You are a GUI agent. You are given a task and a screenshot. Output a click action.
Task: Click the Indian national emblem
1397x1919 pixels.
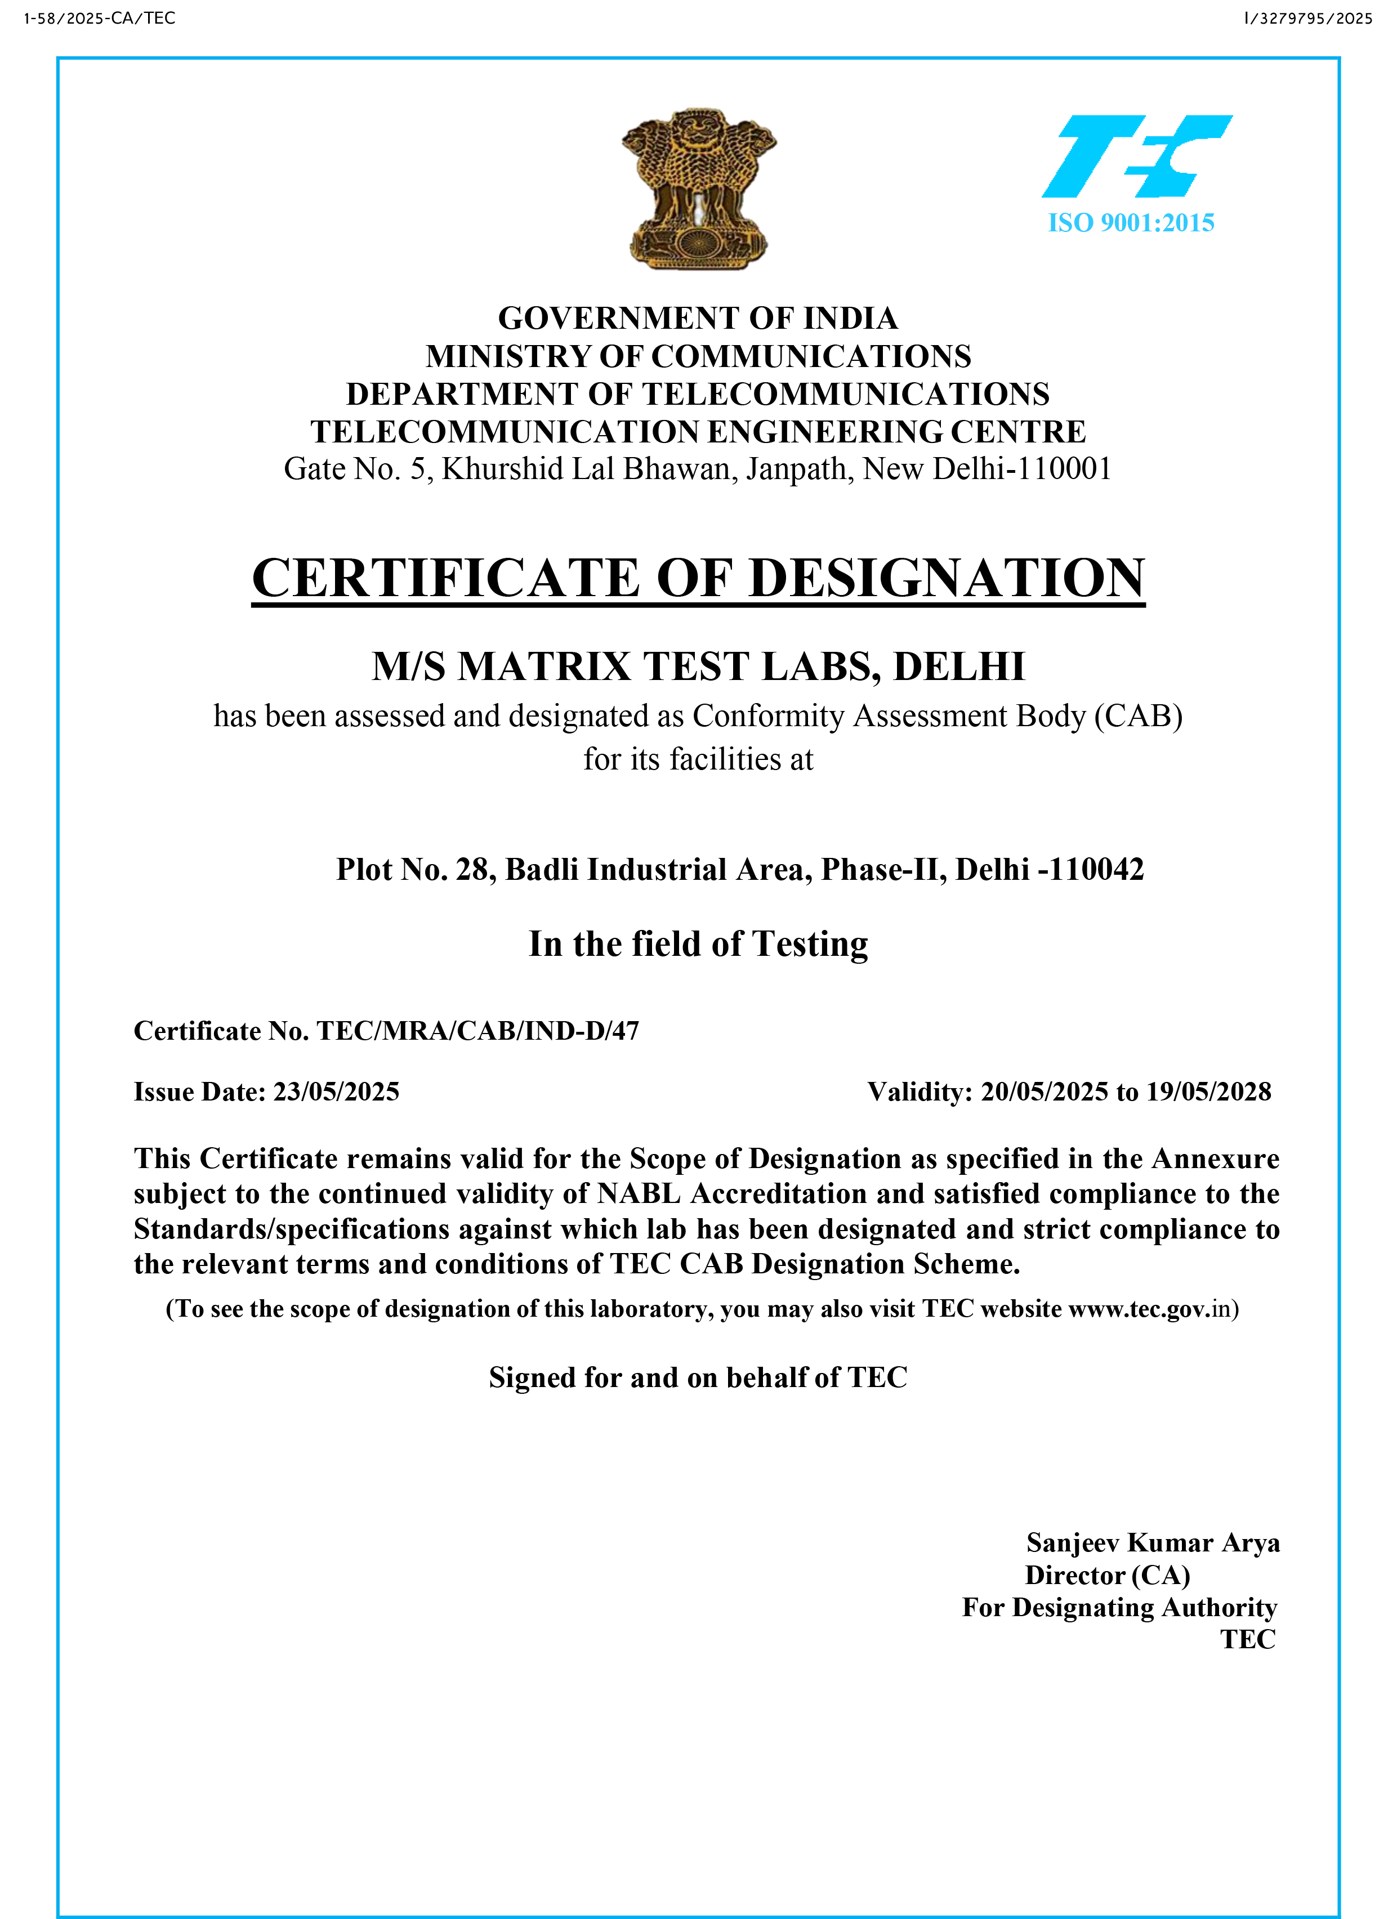click(698, 189)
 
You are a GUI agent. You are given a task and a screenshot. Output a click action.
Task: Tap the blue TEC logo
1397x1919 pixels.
click(1136, 156)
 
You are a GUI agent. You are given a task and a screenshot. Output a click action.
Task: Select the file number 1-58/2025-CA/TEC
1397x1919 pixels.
click(100, 19)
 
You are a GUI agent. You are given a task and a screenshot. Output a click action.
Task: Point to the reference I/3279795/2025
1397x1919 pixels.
click(1308, 19)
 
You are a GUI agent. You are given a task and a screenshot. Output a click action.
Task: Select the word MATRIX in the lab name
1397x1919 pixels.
click(544, 666)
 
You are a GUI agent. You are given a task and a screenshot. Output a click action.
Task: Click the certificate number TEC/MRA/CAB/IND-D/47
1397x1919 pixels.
click(477, 1031)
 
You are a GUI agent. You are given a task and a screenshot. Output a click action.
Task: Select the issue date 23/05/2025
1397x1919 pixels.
click(336, 1092)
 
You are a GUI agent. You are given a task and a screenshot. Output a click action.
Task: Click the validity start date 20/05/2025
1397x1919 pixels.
click(1044, 1092)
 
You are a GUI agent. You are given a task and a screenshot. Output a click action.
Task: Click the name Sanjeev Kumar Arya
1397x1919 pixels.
click(1153, 1542)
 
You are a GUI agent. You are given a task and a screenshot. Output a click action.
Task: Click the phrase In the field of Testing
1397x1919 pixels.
click(698, 944)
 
